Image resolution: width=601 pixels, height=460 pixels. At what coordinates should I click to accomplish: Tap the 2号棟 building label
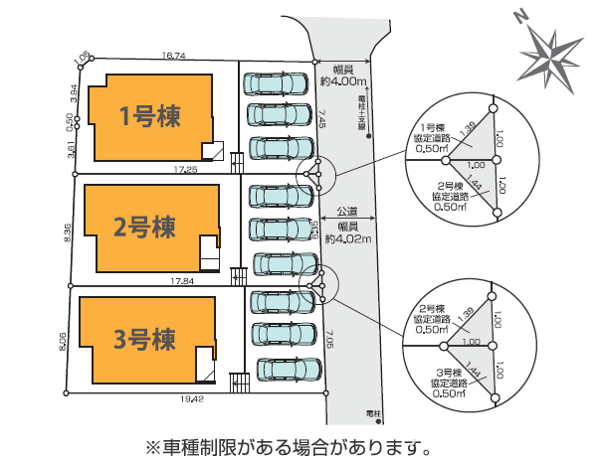(144, 228)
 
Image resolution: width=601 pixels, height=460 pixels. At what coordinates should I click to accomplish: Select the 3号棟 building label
(144, 340)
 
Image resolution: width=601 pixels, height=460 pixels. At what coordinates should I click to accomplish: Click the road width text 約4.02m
(351, 238)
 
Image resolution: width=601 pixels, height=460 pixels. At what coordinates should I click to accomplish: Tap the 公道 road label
(348, 212)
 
